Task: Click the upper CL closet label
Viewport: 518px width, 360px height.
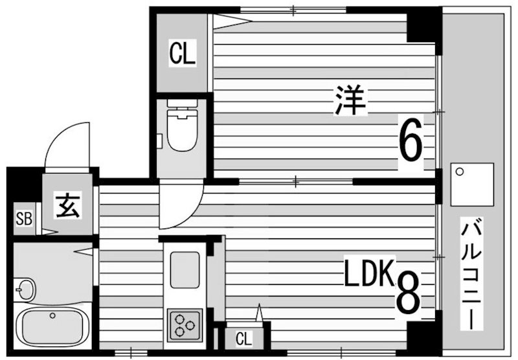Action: pyautogui.click(x=182, y=53)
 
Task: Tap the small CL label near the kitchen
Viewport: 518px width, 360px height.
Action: pyautogui.click(x=243, y=339)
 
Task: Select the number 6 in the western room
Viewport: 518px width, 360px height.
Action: pyautogui.click(x=411, y=142)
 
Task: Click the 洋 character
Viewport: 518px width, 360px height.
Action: pyautogui.click(x=350, y=102)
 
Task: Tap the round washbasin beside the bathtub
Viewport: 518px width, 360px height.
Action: pyautogui.click(x=25, y=287)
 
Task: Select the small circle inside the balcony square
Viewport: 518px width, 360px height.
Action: pyautogui.click(x=460, y=172)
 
